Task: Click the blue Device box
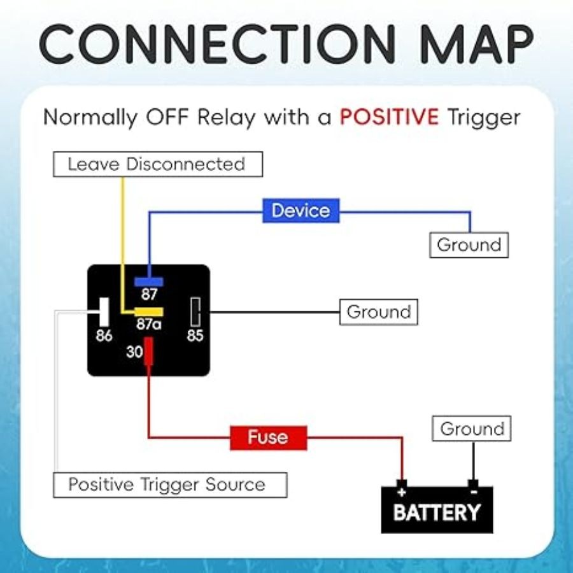[x=301, y=211]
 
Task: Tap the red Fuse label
[x=268, y=437]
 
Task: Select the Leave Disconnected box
[x=157, y=164]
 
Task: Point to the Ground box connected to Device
[x=469, y=245]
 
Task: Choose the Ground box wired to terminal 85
[x=378, y=313]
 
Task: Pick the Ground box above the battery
[x=472, y=429]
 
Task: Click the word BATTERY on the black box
[x=437, y=513]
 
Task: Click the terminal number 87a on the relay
[x=149, y=324]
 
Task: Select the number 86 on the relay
[x=104, y=336]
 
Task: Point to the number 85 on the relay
[x=195, y=336]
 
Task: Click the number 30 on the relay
[x=134, y=351]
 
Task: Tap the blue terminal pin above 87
[x=149, y=281]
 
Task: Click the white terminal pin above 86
[x=104, y=312]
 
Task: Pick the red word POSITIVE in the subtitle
[x=389, y=117]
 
